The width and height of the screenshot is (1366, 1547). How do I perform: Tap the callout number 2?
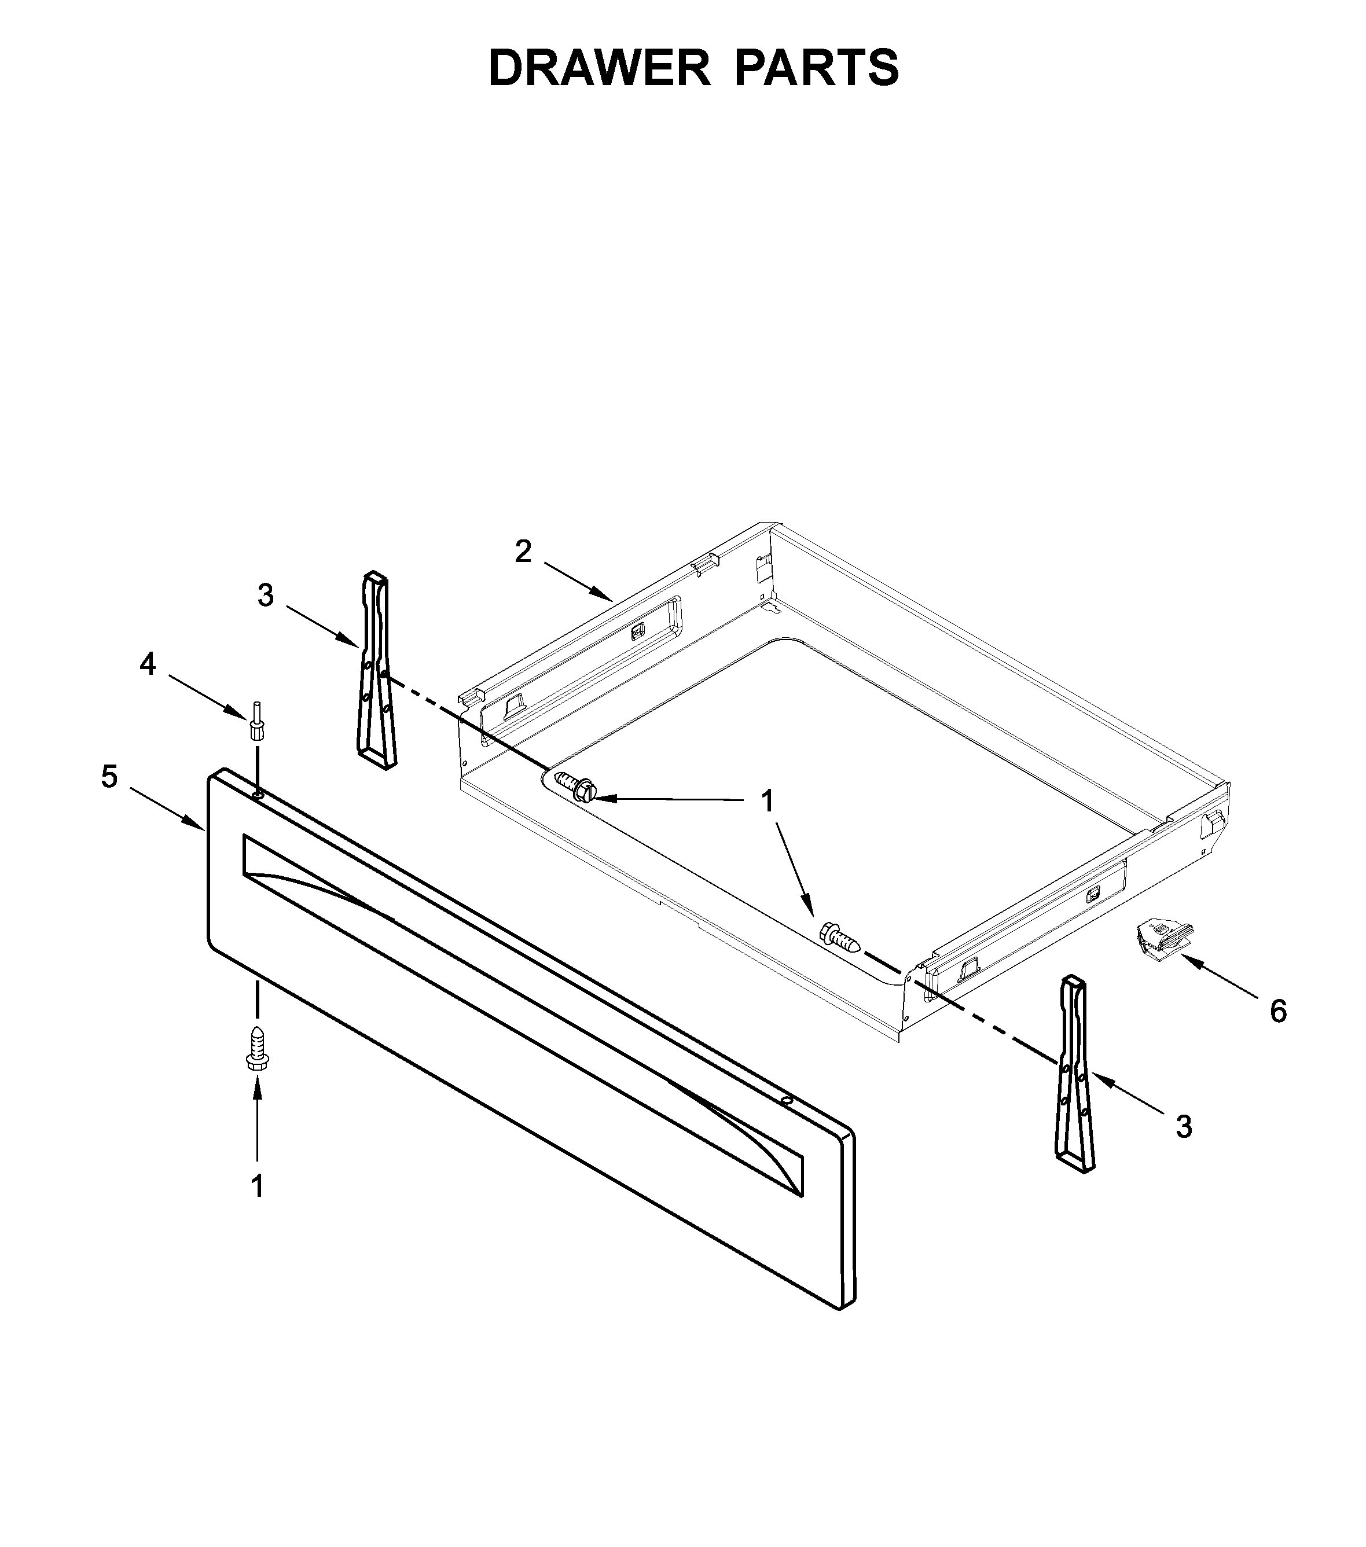click(523, 552)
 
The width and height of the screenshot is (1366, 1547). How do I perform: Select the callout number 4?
click(148, 664)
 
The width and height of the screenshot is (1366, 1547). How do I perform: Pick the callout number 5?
click(110, 777)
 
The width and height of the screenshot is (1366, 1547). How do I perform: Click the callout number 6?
click(1278, 1011)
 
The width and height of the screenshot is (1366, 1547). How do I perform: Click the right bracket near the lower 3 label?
click(1075, 1075)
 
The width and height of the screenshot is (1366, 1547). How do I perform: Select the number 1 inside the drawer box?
click(768, 802)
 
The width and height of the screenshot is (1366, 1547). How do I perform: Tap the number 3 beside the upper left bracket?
click(265, 596)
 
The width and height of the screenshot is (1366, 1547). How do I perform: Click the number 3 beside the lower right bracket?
click(1184, 1148)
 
